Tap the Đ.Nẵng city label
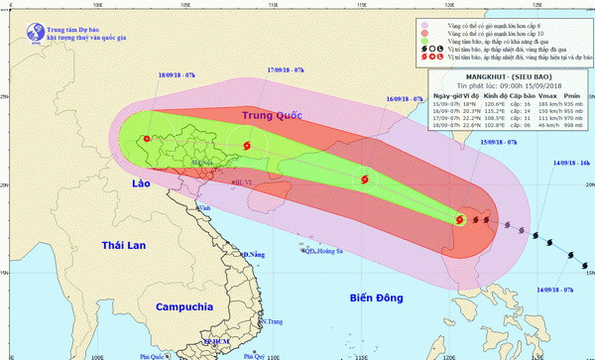(x=253, y=255)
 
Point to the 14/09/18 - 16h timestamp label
(x=571, y=162)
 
